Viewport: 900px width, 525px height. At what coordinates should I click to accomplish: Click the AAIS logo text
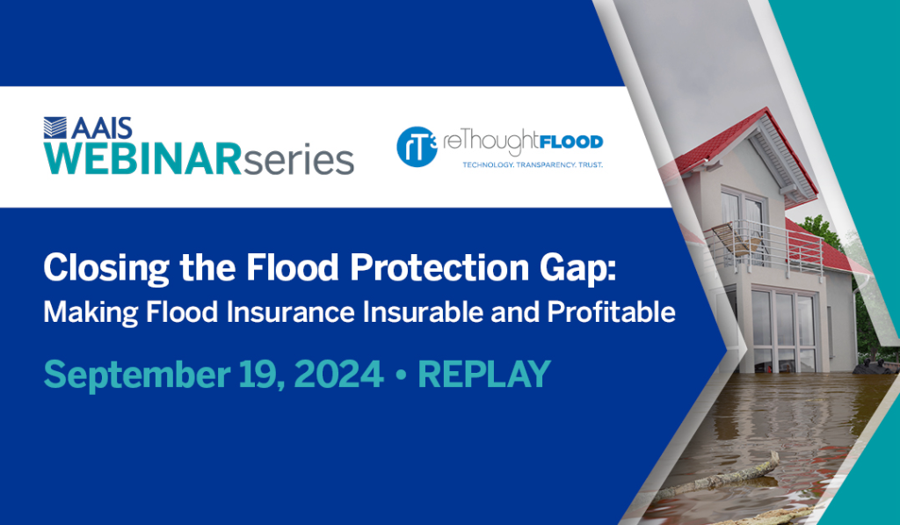(102, 128)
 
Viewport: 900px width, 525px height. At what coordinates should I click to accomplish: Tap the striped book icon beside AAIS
(55, 128)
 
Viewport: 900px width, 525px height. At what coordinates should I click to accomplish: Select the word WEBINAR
(143, 159)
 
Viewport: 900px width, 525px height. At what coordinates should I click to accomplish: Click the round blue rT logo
(417, 147)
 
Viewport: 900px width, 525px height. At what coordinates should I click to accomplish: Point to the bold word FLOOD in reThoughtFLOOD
(571, 142)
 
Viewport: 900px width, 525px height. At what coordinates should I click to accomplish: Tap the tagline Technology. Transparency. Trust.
(533, 164)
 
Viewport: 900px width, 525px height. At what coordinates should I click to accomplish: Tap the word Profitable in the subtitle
(612, 312)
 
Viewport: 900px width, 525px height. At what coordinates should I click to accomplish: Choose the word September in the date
(136, 376)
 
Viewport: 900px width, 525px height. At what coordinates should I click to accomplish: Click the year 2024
(338, 374)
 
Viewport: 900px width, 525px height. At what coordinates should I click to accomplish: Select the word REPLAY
(484, 374)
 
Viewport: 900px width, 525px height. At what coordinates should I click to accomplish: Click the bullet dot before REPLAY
(401, 376)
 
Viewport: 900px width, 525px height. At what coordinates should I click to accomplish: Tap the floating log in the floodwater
(717, 476)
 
